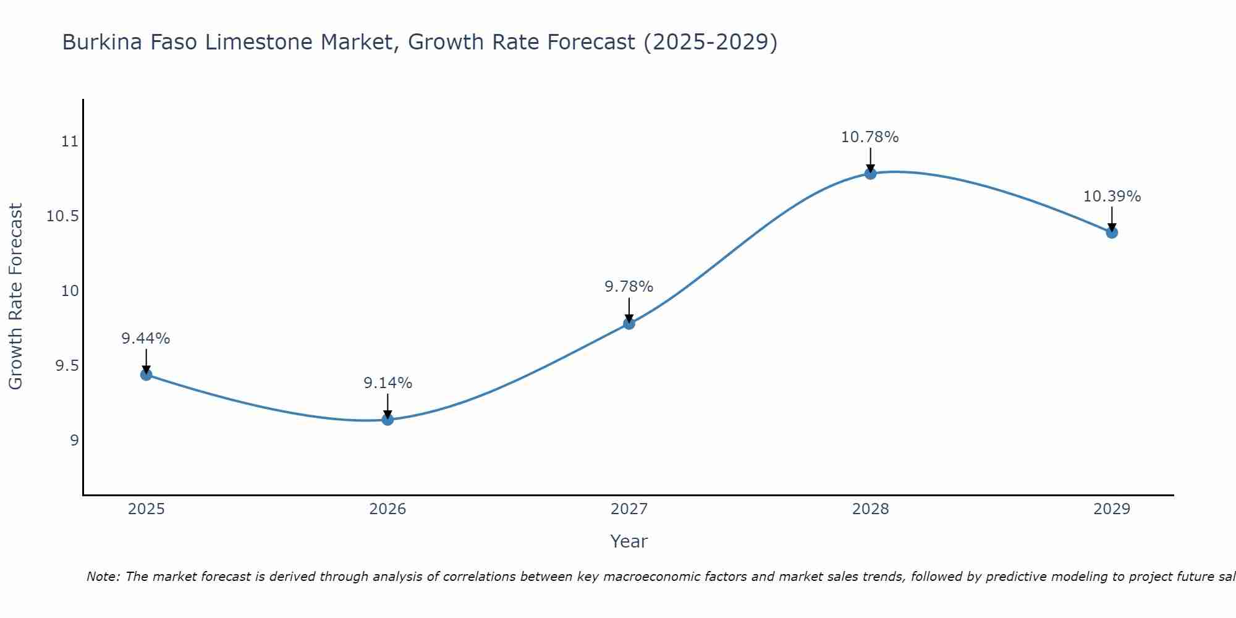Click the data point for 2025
point(146,375)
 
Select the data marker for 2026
point(387,420)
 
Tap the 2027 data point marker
point(629,323)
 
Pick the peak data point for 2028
point(870,173)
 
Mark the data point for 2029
point(1112,232)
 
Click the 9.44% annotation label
point(146,339)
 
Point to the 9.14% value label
point(387,383)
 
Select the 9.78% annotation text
point(629,287)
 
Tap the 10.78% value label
point(870,137)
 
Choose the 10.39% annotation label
point(1112,197)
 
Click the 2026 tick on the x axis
point(387,509)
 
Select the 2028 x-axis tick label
point(870,509)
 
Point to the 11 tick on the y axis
point(70,142)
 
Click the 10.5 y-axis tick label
point(63,216)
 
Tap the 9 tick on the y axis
point(74,441)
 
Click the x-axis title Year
point(629,541)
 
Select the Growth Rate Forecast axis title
point(16,296)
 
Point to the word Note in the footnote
point(103,577)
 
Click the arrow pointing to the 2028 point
point(870,159)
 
